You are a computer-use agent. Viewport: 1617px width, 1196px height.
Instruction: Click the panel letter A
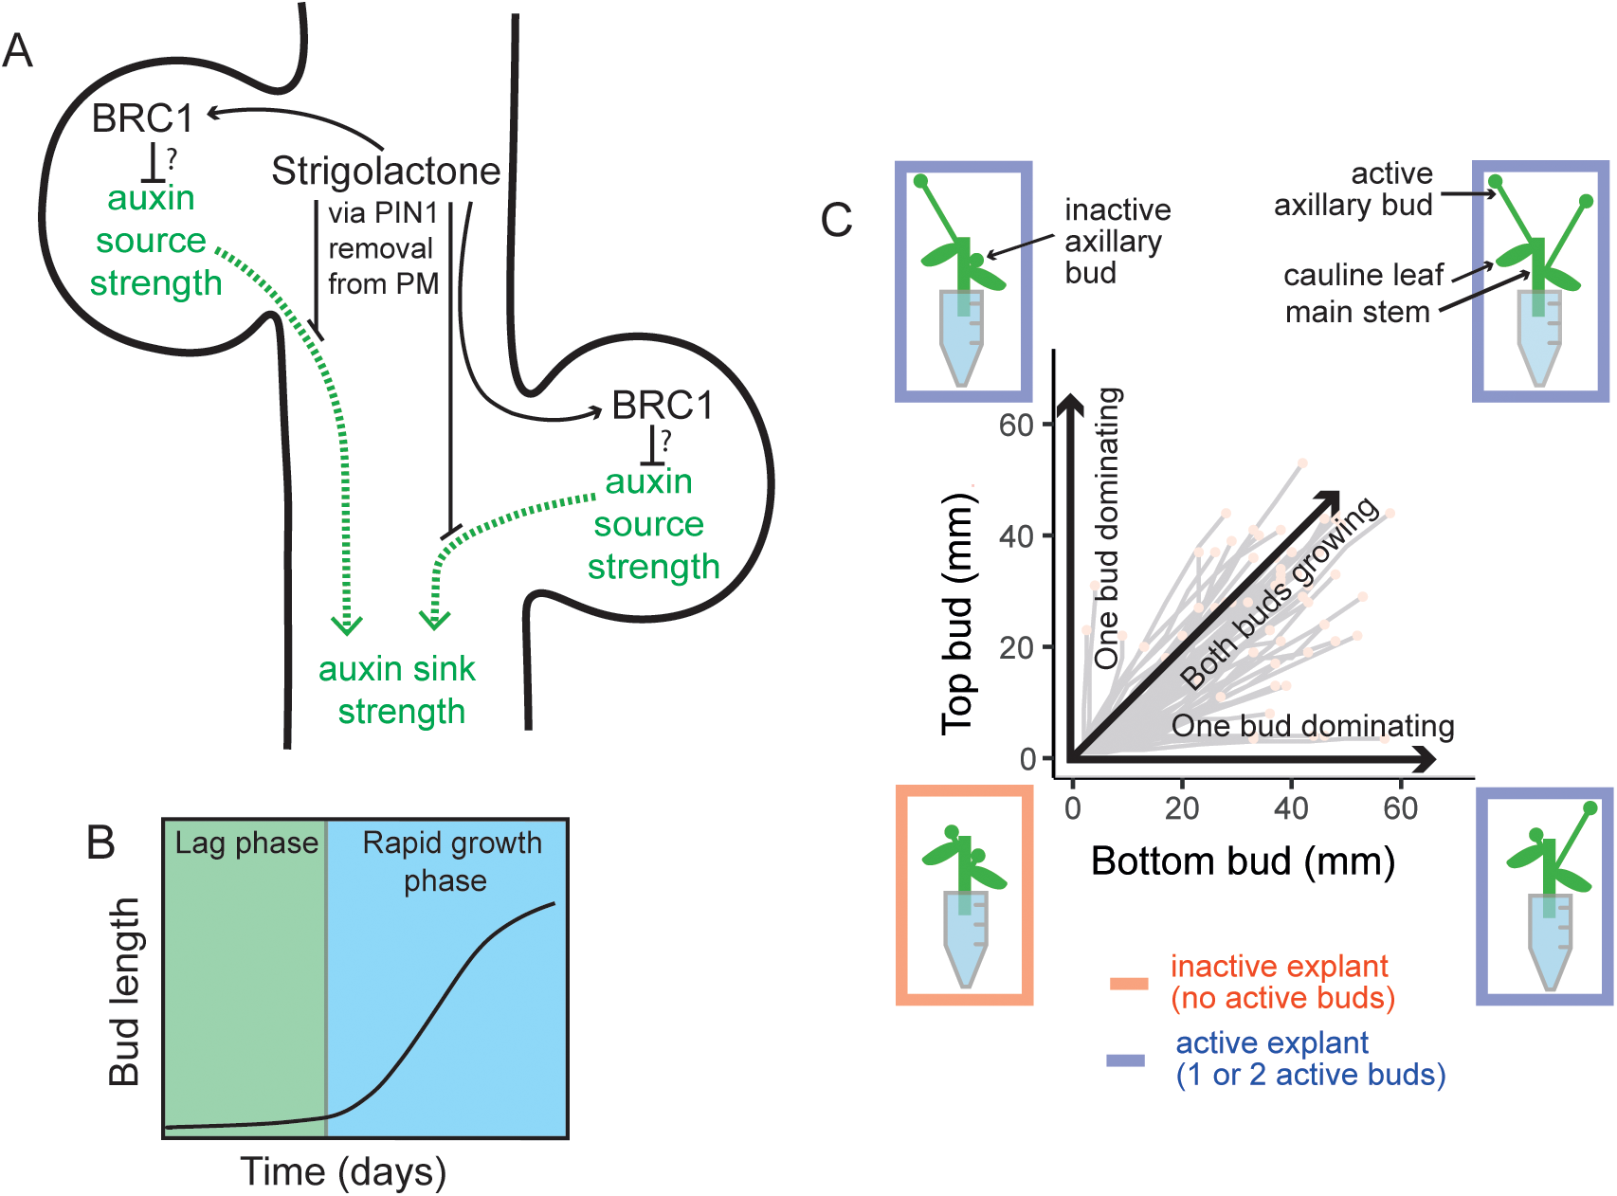(18, 51)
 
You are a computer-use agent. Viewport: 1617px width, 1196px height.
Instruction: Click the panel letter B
(100, 843)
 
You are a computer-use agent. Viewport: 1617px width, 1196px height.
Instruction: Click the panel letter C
(836, 220)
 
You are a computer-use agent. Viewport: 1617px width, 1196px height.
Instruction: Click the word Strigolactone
(386, 172)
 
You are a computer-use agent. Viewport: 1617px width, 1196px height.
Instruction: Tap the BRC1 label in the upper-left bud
(142, 119)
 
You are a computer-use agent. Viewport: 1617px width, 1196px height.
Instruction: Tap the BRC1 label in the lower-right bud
(662, 406)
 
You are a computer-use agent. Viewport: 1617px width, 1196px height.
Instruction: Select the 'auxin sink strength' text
(398, 690)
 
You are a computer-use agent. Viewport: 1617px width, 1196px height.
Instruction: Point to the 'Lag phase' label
(246, 843)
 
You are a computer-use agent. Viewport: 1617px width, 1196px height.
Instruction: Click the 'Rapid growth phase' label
(451, 861)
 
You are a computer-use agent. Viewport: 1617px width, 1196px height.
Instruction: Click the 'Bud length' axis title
(125, 990)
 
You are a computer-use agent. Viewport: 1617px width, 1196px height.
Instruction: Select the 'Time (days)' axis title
(343, 1171)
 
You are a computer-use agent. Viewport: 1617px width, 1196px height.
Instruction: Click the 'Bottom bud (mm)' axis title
(1243, 861)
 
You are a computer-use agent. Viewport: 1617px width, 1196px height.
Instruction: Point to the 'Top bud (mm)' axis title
(958, 614)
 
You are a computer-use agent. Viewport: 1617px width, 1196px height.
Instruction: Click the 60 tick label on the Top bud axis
(1015, 426)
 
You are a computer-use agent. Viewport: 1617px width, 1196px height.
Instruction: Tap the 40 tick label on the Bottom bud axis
(1291, 808)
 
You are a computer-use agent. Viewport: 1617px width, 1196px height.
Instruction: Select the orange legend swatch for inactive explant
(1128, 983)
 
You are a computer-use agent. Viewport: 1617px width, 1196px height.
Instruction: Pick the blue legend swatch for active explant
(1126, 1060)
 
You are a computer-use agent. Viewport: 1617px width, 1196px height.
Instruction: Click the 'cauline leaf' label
(1363, 275)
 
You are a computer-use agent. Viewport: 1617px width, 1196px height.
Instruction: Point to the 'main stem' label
(1357, 312)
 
